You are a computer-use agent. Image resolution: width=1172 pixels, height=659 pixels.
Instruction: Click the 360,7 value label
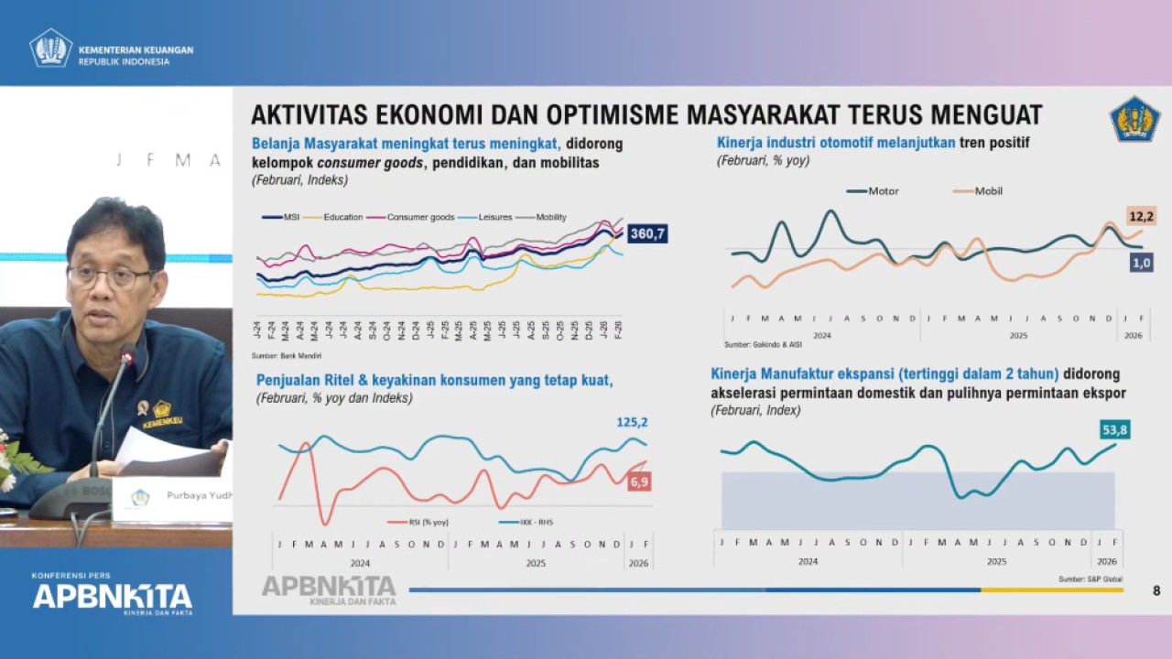pyautogui.click(x=647, y=234)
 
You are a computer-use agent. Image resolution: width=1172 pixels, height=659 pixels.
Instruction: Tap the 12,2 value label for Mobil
pyautogui.click(x=1141, y=216)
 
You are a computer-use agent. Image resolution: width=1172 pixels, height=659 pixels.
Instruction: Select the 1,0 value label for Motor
pyautogui.click(x=1141, y=263)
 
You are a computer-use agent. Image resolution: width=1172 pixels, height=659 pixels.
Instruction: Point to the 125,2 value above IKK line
pyautogui.click(x=632, y=422)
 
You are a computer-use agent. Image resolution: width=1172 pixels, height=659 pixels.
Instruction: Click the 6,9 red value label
pyautogui.click(x=638, y=481)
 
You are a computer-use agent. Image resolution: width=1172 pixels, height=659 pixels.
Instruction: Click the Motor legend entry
pyautogui.click(x=874, y=191)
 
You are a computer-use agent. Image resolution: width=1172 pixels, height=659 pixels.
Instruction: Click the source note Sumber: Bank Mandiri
pyautogui.click(x=287, y=355)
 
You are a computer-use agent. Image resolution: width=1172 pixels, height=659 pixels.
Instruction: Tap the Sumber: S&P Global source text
pyautogui.click(x=1091, y=579)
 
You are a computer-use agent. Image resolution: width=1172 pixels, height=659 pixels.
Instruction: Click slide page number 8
pyautogui.click(x=1156, y=591)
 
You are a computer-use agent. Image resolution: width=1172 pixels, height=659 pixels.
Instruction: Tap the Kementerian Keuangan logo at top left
pyautogui.click(x=51, y=49)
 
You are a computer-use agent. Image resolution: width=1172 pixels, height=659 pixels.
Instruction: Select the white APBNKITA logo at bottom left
pyautogui.click(x=113, y=597)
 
